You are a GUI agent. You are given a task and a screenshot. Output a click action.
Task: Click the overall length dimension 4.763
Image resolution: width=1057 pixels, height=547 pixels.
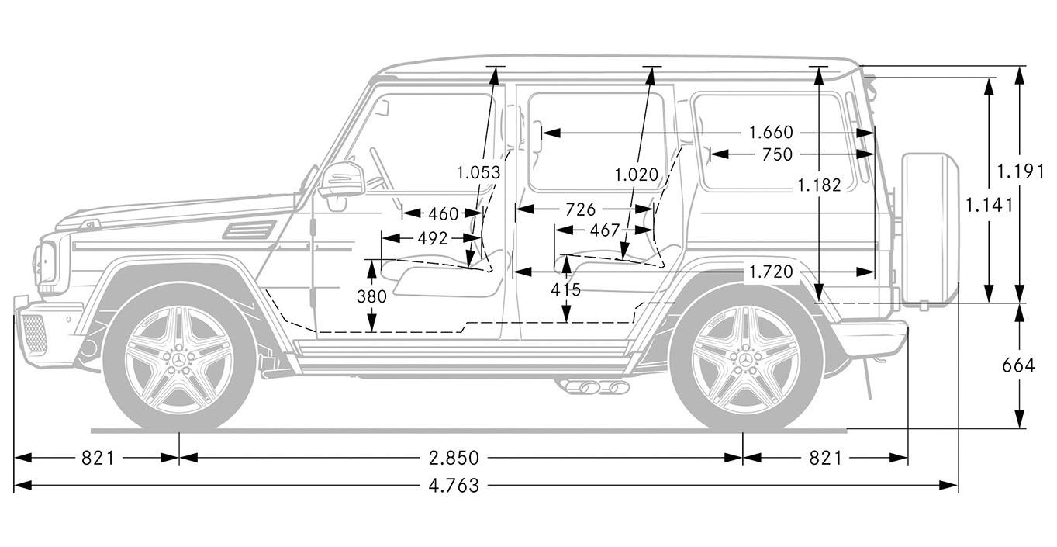[454, 486]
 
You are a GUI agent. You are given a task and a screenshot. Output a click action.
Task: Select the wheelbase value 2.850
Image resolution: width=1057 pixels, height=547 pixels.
[454, 458]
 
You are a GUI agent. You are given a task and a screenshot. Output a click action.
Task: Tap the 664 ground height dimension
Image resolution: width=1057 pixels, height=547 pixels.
[1019, 365]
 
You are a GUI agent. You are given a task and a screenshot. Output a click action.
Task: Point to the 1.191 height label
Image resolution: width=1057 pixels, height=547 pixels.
[1021, 171]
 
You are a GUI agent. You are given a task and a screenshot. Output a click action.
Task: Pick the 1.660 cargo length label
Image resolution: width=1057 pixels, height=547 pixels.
[771, 133]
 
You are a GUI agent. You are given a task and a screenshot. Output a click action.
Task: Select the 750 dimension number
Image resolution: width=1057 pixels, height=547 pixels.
[777, 154]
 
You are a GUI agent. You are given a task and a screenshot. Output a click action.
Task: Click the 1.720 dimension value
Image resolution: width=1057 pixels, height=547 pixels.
[771, 272]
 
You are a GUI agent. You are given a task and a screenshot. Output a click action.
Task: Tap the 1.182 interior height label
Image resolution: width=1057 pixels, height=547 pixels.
[820, 185]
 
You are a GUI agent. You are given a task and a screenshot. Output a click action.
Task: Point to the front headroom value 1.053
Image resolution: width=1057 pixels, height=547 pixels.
[478, 173]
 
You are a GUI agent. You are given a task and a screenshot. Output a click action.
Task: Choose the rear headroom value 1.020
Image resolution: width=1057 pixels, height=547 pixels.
[636, 175]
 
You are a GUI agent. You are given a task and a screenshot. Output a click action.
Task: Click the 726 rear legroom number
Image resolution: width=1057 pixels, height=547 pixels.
[581, 209]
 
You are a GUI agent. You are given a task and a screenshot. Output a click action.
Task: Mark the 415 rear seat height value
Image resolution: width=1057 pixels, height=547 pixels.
[566, 289]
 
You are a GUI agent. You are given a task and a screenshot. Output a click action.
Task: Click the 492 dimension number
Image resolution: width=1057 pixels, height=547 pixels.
[433, 238]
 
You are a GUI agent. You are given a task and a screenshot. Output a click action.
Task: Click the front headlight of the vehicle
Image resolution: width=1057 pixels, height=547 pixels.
[45, 263]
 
